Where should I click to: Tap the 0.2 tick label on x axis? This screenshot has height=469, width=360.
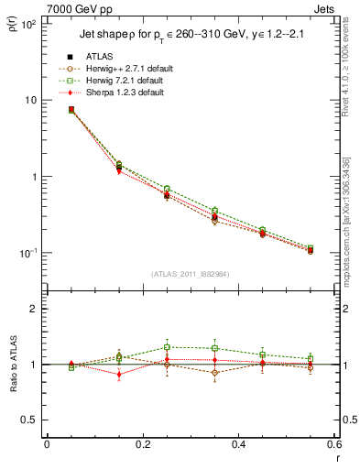(142, 444)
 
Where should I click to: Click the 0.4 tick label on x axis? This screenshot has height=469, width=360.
(238, 444)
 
